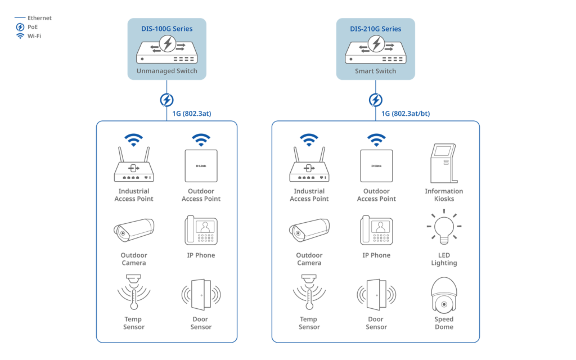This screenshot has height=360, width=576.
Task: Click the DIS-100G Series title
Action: (166, 29)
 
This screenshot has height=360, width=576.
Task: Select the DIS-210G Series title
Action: (375, 29)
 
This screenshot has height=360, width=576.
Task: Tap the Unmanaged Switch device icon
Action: (166, 49)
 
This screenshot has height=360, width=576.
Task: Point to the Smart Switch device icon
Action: (375, 49)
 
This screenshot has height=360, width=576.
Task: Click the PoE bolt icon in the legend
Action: (20, 27)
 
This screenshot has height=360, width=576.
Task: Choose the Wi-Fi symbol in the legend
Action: (20, 36)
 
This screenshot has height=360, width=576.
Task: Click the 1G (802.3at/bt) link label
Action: (406, 114)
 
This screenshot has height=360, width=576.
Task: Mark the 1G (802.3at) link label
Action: (192, 114)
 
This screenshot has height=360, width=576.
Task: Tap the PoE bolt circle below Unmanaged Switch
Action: (166, 100)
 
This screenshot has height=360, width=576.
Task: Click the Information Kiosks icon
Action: (444, 163)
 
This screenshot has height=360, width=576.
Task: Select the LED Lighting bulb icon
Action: (444, 227)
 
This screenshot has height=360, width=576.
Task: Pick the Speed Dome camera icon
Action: (444, 295)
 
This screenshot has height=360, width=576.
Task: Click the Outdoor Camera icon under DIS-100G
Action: (134, 230)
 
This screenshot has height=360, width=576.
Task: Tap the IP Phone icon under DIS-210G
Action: (376, 230)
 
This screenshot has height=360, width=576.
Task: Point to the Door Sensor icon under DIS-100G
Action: (201, 295)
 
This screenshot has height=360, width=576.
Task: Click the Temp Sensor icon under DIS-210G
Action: (309, 292)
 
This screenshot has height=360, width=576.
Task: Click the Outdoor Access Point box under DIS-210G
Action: (376, 166)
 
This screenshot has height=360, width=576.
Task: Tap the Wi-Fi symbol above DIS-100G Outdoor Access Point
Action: (201, 140)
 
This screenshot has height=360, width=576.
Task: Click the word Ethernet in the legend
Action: (40, 18)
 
